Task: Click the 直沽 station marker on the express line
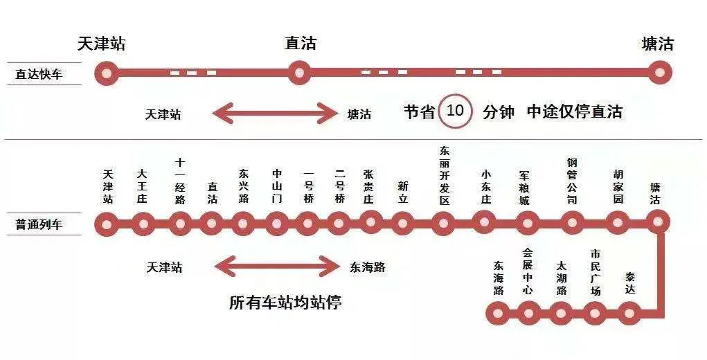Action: [299, 73]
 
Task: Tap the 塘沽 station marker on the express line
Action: [660, 73]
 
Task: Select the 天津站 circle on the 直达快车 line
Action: [107, 73]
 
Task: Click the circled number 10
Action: [456, 110]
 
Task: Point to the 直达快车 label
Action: [39, 74]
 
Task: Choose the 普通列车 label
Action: [39, 224]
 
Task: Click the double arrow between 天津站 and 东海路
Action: [277, 267]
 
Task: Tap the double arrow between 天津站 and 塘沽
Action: [275, 113]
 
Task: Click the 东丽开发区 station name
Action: [445, 176]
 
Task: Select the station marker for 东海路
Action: [497, 313]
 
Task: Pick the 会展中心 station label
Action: [528, 271]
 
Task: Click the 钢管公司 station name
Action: [572, 181]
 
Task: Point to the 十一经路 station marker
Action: [180, 224]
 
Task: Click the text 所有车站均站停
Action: [285, 303]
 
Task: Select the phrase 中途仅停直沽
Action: [575, 111]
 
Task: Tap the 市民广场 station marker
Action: [596, 313]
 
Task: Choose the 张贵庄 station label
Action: [368, 187]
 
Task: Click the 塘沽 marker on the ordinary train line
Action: [658, 222]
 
